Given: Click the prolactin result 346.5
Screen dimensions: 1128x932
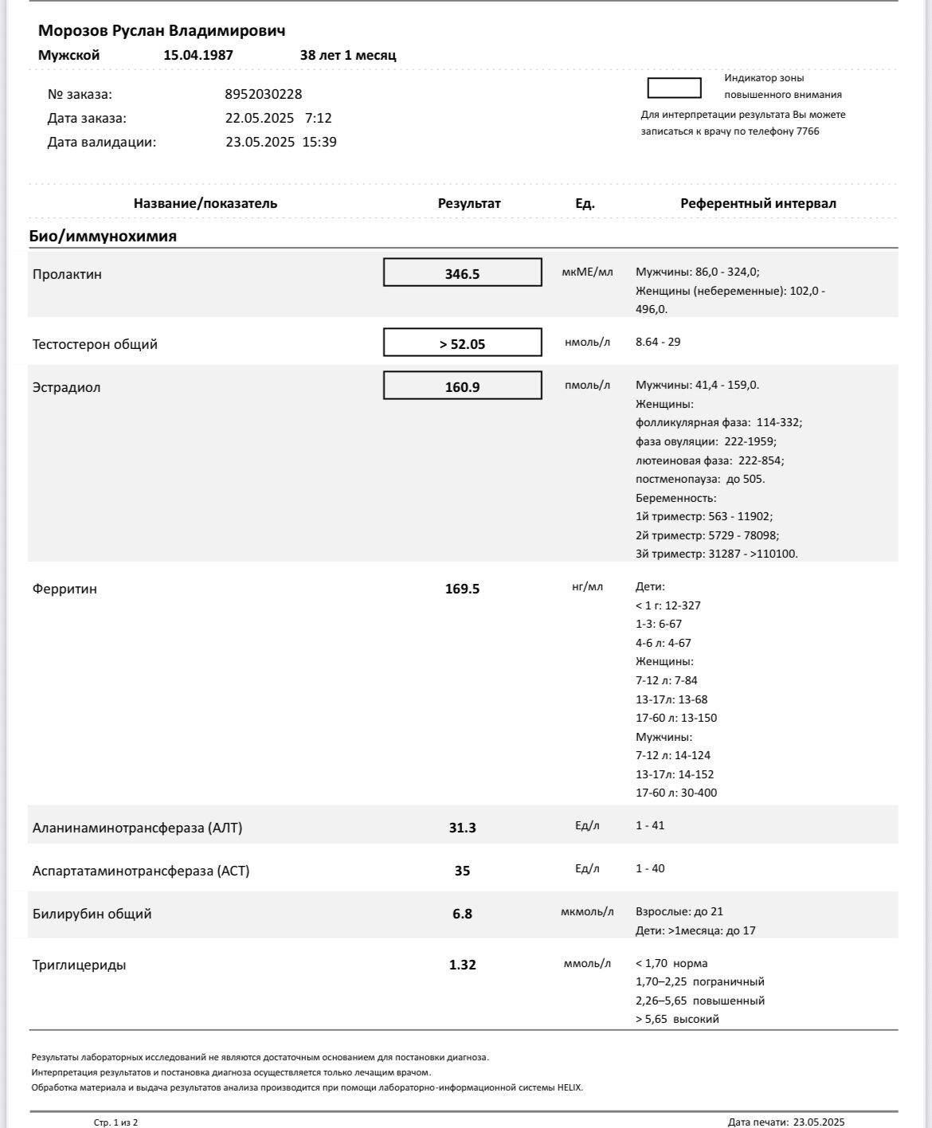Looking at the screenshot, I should (x=462, y=274).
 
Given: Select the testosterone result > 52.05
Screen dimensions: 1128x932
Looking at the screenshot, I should (x=462, y=344).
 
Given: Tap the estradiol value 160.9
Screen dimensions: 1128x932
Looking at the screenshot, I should (x=462, y=387).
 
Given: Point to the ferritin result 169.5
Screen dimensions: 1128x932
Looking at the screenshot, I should (x=462, y=589).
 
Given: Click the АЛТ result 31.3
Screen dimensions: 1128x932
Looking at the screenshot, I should (x=462, y=828).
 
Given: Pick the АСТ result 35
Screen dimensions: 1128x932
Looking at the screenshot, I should (x=462, y=871).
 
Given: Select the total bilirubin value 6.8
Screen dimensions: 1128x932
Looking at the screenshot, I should (x=462, y=914).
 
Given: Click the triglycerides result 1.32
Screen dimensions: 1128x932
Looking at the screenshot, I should (x=462, y=965).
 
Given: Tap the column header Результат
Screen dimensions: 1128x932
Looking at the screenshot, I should (x=469, y=203).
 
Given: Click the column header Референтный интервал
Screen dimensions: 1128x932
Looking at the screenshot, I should (x=758, y=203).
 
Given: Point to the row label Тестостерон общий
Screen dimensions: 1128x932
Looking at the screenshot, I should (x=95, y=344).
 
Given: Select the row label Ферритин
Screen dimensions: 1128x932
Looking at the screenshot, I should (x=65, y=589).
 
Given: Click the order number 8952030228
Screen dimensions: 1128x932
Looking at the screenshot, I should (x=263, y=94).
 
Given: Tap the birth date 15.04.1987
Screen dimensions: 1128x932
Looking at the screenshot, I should (x=198, y=55).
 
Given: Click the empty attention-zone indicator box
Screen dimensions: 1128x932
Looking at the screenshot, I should (x=674, y=88).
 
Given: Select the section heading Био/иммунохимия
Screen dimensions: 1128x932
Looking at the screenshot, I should (x=103, y=236).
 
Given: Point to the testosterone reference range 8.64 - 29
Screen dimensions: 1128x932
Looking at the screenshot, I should (x=658, y=342).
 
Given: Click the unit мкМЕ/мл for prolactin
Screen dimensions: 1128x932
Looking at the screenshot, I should (x=587, y=272).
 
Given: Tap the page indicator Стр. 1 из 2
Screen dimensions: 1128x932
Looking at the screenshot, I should (x=116, y=1122).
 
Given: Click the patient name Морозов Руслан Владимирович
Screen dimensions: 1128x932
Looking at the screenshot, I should (x=162, y=30).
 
